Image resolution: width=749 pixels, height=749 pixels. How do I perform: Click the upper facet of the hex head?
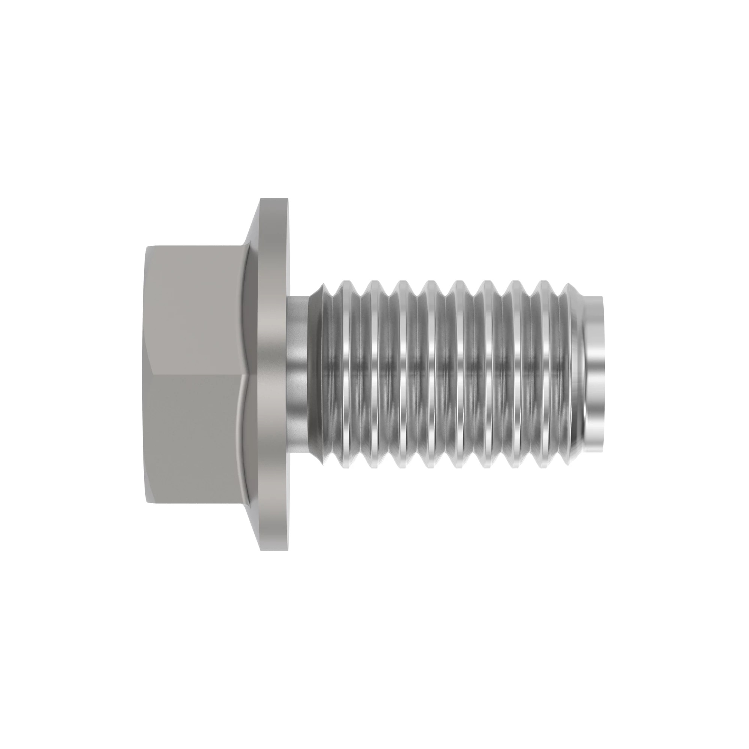pos(194,310)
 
